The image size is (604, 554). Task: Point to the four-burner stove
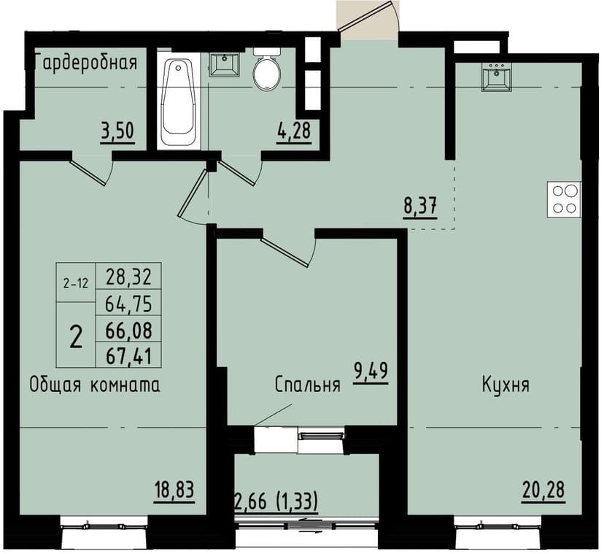point(564,199)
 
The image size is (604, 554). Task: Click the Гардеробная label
point(86,61)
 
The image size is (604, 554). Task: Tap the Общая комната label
point(95,384)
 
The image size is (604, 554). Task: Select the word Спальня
point(308,385)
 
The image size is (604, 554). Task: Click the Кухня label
point(505,385)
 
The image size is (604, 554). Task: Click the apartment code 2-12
point(75,284)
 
